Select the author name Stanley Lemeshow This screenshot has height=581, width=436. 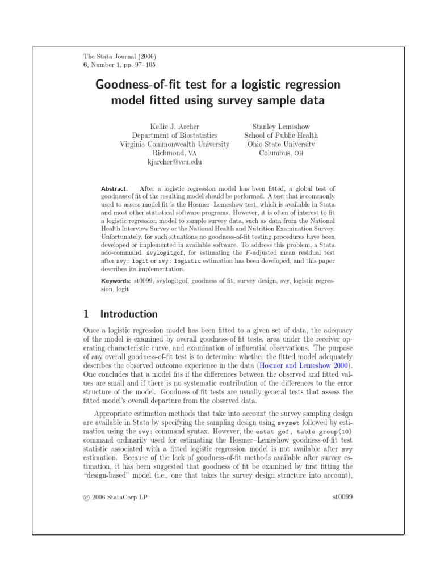pyautogui.click(x=281, y=127)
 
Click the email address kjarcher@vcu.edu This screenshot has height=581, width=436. pyautogui.click(x=174, y=162)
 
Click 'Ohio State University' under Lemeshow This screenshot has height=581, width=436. pyautogui.click(x=281, y=144)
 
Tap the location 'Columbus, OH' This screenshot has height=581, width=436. pyautogui.click(x=281, y=153)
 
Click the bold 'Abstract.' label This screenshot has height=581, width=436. pyautogui.click(x=115, y=188)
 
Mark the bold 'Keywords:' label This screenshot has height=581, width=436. pyautogui.click(x=116, y=280)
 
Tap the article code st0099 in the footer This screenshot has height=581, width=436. pyautogui.click(x=342, y=496)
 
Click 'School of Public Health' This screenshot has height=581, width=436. pyautogui.click(x=281, y=136)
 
